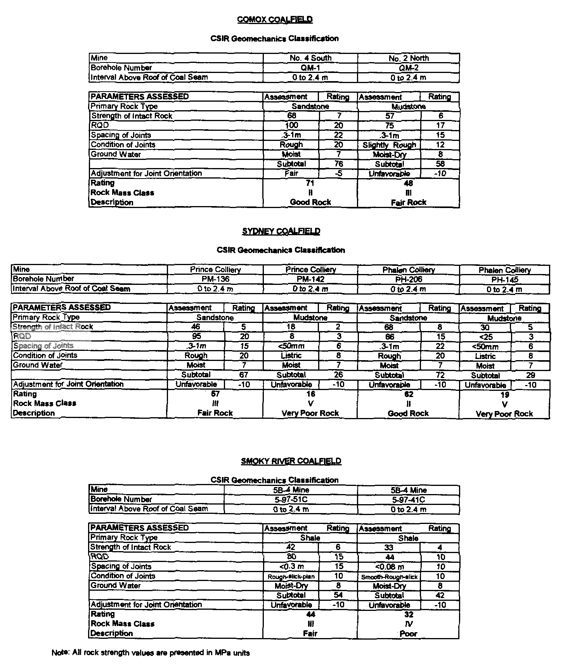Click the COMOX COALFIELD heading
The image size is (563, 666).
(x=275, y=19)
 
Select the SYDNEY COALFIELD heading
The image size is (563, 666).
(x=281, y=231)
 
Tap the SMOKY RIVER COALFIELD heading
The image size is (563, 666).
(x=291, y=461)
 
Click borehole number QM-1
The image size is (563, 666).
(x=310, y=68)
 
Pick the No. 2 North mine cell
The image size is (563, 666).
(x=409, y=58)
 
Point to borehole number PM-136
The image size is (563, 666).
(x=215, y=279)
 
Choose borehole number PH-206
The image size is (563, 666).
(x=409, y=279)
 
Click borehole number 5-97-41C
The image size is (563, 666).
(x=409, y=500)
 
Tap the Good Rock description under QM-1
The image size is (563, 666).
(x=310, y=202)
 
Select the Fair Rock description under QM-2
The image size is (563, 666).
(x=409, y=202)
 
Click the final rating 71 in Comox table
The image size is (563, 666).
(x=310, y=183)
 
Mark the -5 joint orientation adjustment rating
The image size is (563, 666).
(x=338, y=173)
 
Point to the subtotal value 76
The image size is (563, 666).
(x=338, y=164)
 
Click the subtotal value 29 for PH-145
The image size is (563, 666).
(x=530, y=375)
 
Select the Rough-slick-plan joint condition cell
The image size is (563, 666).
(x=291, y=577)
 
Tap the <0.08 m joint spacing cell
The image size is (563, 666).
(x=389, y=567)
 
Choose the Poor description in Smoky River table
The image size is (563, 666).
(x=409, y=634)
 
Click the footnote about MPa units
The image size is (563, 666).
(x=151, y=653)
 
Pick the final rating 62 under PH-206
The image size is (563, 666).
(x=409, y=394)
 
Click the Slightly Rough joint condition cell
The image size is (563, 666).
(x=389, y=145)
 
